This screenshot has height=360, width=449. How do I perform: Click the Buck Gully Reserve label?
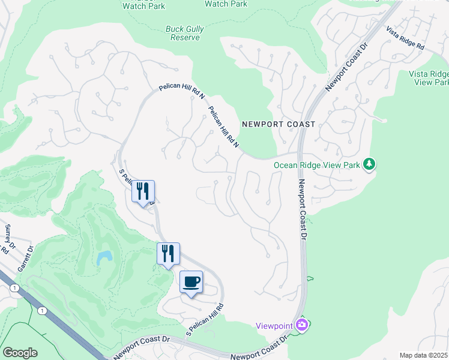pos(182,32)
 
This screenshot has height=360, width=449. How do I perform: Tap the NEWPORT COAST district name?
pos(278,124)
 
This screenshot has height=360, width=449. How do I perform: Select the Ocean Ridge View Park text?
pos(317,165)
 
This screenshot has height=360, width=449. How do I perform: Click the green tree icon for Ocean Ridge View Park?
pos(370,164)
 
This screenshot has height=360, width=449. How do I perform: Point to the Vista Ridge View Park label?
pos(429,77)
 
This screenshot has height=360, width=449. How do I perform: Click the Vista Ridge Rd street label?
pos(405,38)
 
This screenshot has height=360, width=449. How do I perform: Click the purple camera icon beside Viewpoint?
pos(303,325)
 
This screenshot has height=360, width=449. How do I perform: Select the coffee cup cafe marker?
pos(191,282)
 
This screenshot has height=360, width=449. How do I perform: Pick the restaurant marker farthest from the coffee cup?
pos(143,192)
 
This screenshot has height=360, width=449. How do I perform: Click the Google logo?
pos(20,353)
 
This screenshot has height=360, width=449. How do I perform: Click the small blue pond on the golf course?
pos(104,258)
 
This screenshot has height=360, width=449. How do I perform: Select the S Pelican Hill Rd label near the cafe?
pos(204,320)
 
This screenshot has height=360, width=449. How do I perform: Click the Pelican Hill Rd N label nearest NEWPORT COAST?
pos(224,127)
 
